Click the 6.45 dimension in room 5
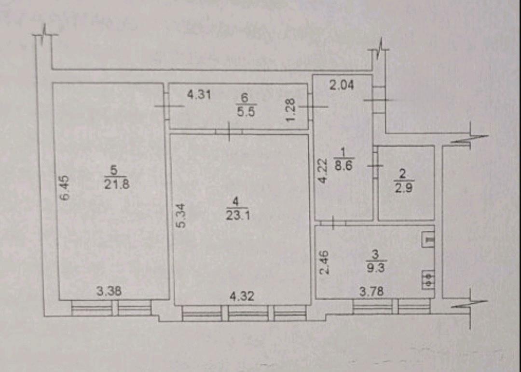(x=65, y=188)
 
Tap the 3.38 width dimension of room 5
(x=109, y=292)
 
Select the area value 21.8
(x=117, y=184)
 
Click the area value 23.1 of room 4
(x=238, y=215)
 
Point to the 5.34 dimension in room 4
(x=181, y=215)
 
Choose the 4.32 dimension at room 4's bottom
(x=242, y=296)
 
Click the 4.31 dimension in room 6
(x=199, y=95)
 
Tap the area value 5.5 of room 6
(x=246, y=112)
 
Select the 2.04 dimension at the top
(x=342, y=85)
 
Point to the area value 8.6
(x=343, y=165)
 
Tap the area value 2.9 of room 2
(x=404, y=188)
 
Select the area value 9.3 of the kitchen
(x=375, y=267)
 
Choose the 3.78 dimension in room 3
(x=371, y=292)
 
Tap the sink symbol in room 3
(x=428, y=239)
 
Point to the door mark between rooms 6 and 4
(x=229, y=132)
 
